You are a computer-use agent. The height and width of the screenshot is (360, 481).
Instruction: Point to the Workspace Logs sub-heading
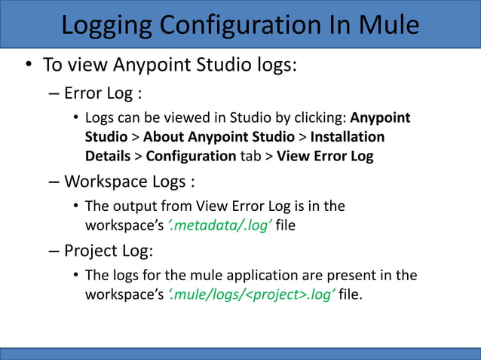tap(130, 182)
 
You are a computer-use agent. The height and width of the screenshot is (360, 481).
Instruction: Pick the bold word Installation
tap(348, 137)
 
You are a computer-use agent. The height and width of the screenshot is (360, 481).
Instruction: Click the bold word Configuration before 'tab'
tap(191, 156)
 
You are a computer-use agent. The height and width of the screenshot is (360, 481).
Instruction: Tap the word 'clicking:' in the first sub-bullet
tap(320, 119)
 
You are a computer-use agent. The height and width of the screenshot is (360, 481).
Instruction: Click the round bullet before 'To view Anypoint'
tap(28, 65)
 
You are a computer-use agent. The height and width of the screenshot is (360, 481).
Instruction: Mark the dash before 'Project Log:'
tap(53, 251)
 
